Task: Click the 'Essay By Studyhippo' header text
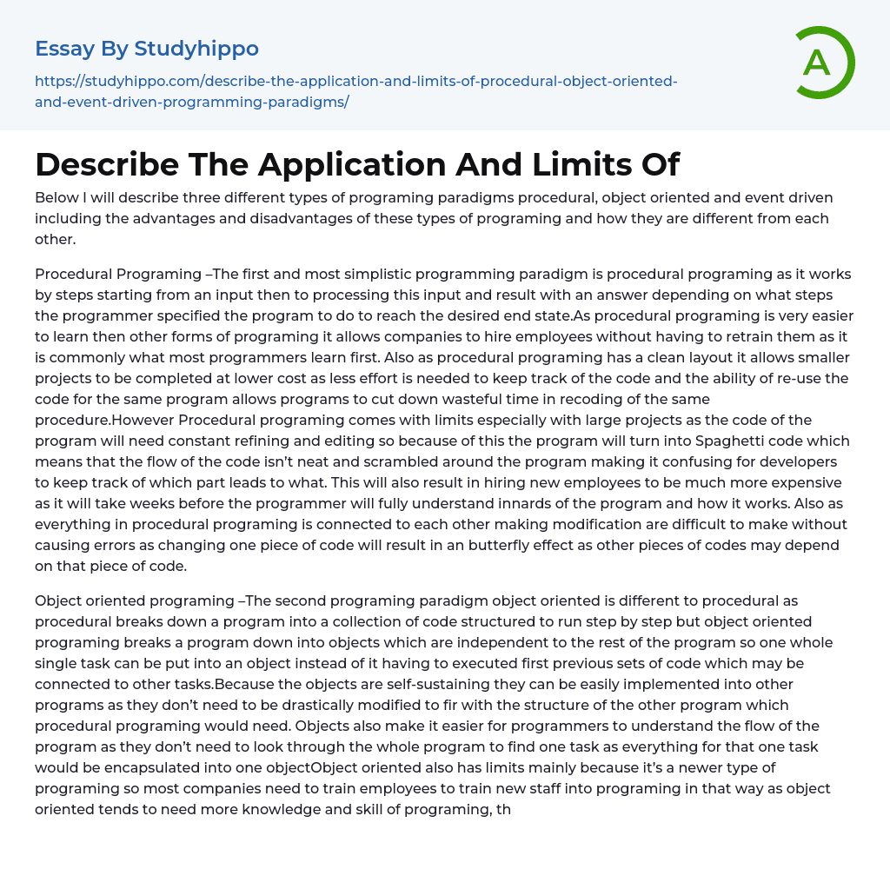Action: click(x=147, y=49)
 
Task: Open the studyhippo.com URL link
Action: click(x=355, y=91)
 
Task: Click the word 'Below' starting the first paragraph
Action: click(x=56, y=198)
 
